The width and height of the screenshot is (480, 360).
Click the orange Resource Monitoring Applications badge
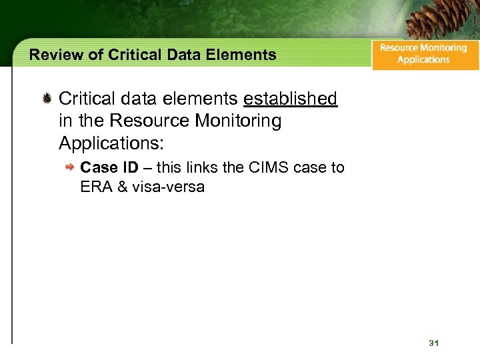click(424, 54)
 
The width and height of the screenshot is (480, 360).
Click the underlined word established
click(290, 99)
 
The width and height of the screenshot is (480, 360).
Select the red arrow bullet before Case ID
click(70, 168)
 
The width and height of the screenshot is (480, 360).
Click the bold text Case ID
click(109, 167)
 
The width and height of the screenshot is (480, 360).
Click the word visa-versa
click(168, 187)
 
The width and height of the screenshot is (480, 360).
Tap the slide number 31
click(434, 343)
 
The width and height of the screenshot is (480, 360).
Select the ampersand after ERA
click(123, 187)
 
